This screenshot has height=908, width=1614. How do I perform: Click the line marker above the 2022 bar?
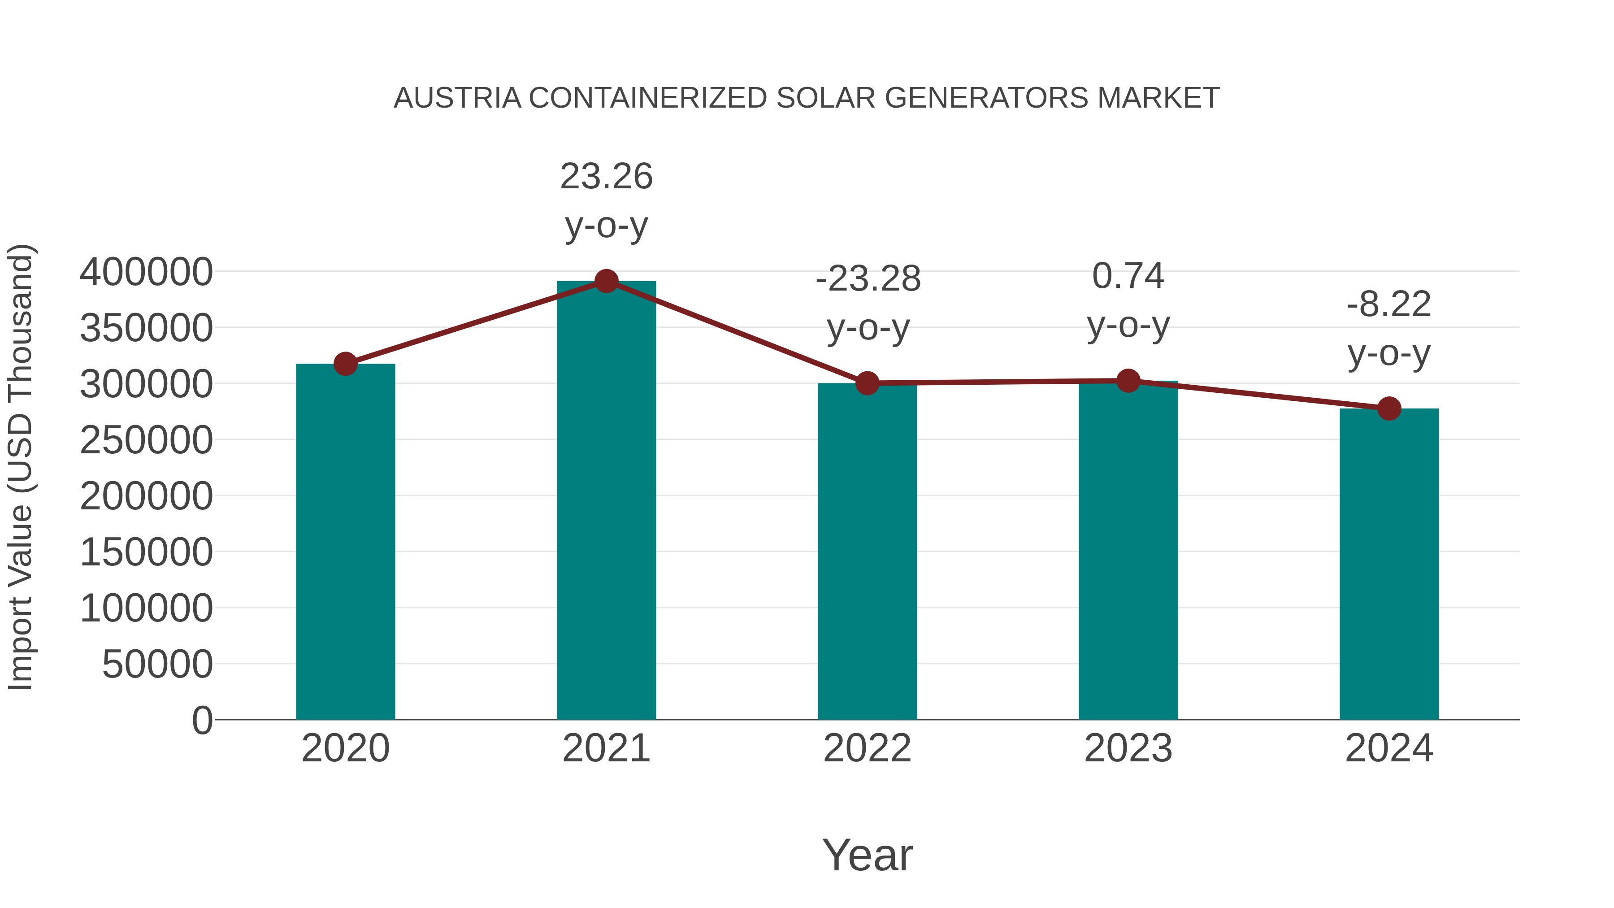pyautogui.click(x=867, y=383)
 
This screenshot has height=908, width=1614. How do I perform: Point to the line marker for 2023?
pyautogui.click(x=1128, y=380)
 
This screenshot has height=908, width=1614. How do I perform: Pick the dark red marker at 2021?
pyautogui.click(x=606, y=281)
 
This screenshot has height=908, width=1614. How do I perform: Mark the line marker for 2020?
pyautogui.click(x=345, y=364)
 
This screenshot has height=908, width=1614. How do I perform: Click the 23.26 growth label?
pyautogui.click(x=606, y=177)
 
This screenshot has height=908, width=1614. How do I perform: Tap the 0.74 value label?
pyautogui.click(x=1128, y=276)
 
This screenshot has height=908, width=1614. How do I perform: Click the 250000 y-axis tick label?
pyautogui.click(x=146, y=440)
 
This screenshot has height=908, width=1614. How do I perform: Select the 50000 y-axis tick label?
pyautogui.click(x=157, y=664)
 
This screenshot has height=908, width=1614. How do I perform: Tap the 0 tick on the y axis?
pyautogui.click(x=202, y=720)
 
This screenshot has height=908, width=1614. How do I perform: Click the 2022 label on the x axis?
pyautogui.click(x=867, y=748)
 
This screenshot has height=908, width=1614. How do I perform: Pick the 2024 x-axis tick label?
pyautogui.click(x=1388, y=748)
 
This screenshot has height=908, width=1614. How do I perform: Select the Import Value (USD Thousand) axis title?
pyautogui.click(x=20, y=467)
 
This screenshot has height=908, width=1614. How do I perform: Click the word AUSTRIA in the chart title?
pyautogui.click(x=457, y=98)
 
